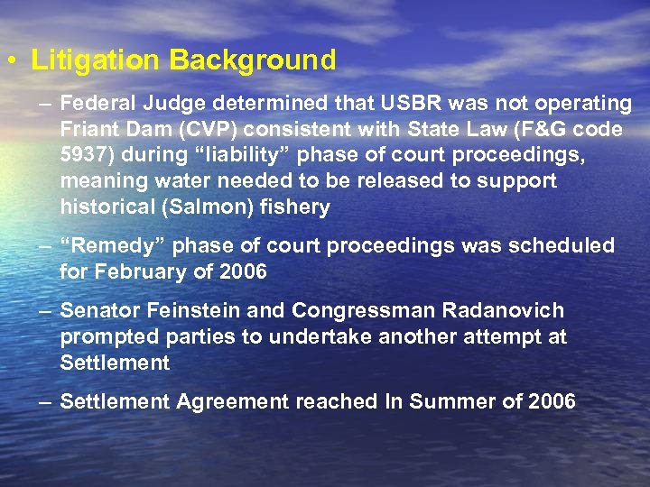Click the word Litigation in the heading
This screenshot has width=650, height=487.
pyautogui.click(x=96, y=60)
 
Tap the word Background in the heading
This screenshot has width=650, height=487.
pyautogui.click(x=252, y=60)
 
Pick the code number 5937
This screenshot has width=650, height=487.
pyautogui.click(x=83, y=155)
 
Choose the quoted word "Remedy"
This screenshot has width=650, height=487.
pyautogui.click(x=112, y=245)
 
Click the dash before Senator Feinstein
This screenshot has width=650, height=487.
pyautogui.click(x=45, y=311)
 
